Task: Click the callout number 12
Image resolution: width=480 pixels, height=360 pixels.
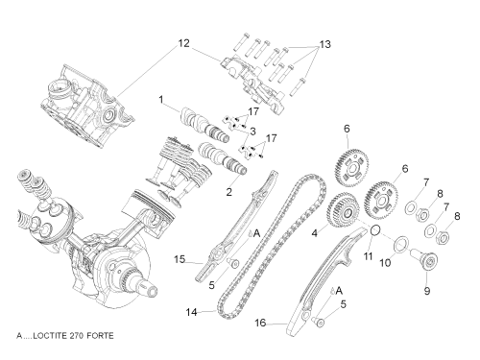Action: click(x=183, y=43)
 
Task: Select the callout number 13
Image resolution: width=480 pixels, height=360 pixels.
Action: click(x=325, y=44)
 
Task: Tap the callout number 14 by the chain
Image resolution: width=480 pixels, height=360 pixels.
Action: click(x=192, y=312)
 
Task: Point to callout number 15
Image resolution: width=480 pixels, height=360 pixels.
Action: click(x=180, y=259)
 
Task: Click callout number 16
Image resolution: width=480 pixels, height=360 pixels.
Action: click(x=260, y=323)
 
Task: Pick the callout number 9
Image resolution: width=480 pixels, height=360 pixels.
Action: click(x=427, y=291)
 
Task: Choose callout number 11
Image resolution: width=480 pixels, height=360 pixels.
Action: click(x=368, y=256)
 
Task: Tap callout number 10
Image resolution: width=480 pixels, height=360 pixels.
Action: click(x=385, y=263)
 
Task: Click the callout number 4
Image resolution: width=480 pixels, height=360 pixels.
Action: click(x=315, y=233)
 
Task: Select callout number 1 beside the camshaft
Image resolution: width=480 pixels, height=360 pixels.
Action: click(x=161, y=100)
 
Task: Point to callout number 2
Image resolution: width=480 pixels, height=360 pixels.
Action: click(x=228, y=192)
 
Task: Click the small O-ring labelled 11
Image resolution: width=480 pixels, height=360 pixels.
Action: click(x=376, y=229)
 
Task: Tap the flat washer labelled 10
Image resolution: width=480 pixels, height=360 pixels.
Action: click(x=401, y=245)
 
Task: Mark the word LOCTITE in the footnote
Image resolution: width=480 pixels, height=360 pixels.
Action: click(x=50, y=336)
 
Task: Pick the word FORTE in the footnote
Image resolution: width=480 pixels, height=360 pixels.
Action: click(x=101, y=336)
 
